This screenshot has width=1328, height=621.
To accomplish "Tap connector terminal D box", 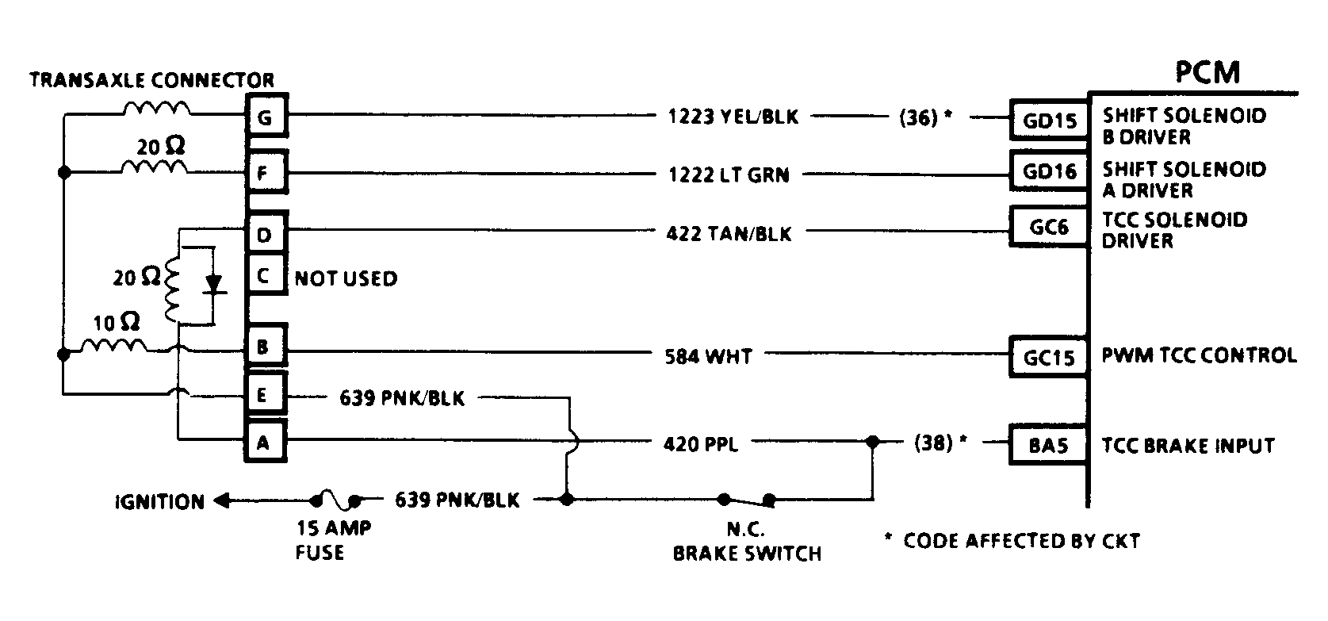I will pos(266,234).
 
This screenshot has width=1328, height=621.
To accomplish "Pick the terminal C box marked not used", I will pos(266,276).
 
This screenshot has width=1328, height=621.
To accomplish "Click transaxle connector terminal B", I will pos(266,347).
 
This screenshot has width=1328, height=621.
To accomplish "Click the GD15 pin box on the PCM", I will pos(1049,119).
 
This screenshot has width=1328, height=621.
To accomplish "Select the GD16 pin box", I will pos(1049,171).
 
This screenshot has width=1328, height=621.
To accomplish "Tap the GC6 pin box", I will pos(1049,228).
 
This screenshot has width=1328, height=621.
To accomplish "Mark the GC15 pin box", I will pos(1049,356).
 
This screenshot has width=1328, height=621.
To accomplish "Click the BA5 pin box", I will pos(1049,445).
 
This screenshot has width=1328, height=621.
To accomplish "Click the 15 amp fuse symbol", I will pos(335,500).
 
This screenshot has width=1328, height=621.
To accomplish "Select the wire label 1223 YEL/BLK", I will pos(733,117).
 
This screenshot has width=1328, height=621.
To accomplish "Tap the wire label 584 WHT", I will pos(708,356).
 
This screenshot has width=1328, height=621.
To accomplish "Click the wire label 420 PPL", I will pos(700,444).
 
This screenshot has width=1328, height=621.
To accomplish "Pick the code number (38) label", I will pos(932,443).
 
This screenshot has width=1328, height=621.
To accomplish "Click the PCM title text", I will pos(1207,72).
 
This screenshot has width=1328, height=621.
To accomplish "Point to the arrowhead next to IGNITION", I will pos(223,501).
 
